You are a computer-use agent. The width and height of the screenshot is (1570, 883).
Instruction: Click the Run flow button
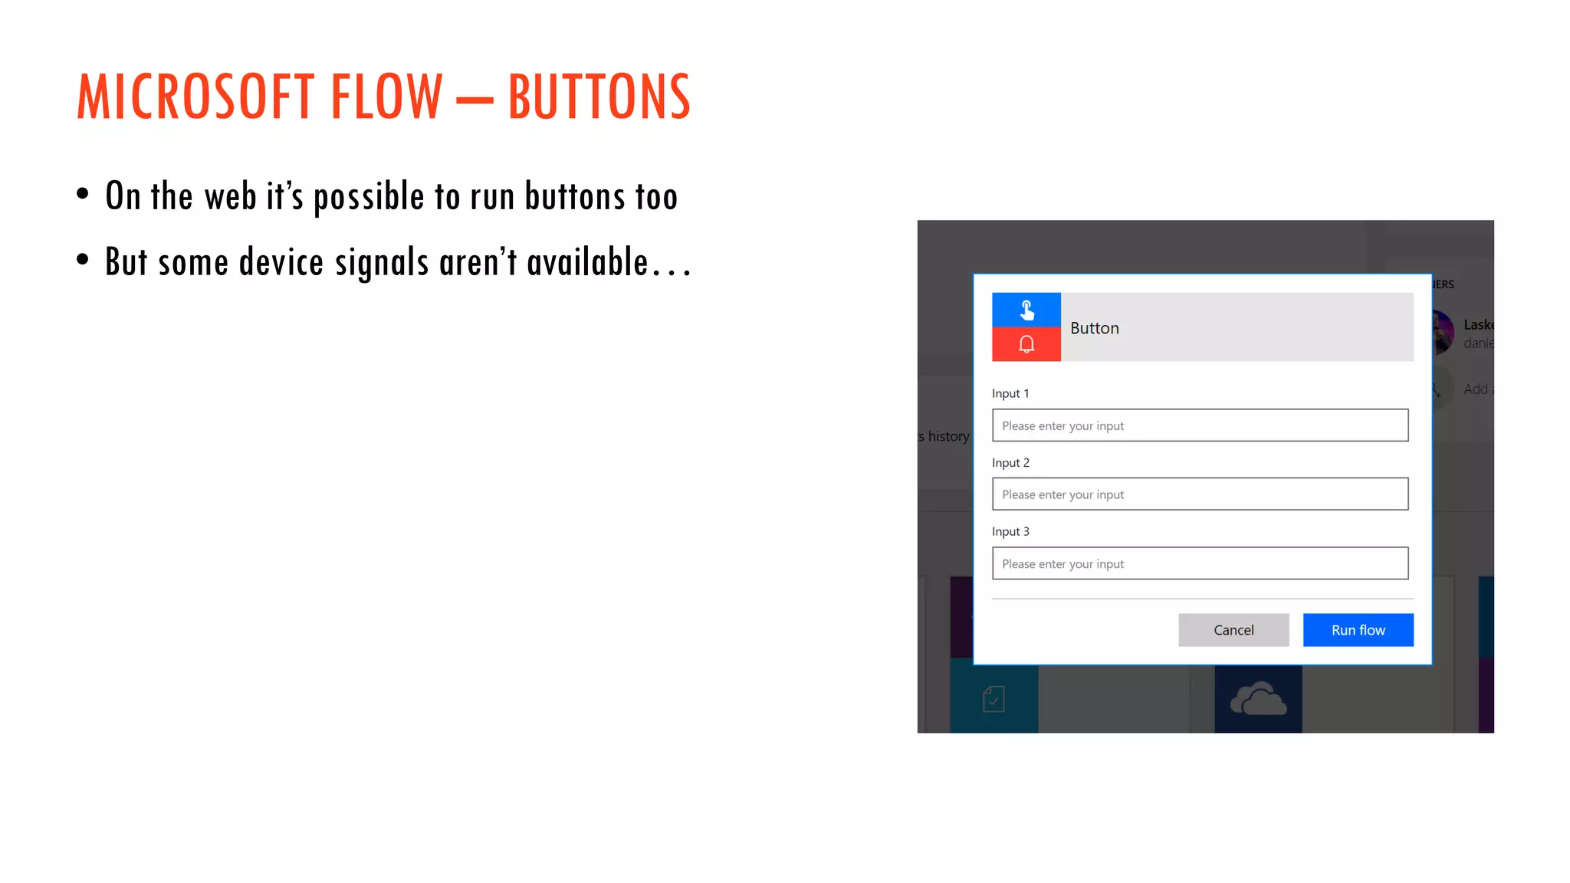coord(1358,630)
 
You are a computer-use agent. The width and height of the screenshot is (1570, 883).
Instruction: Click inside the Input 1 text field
coord(1200,425)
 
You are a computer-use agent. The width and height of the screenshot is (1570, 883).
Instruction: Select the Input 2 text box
coord(1200,494)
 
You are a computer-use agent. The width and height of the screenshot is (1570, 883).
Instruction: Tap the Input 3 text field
coord(1200,563)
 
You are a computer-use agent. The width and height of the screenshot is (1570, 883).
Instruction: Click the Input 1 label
coord(1010,393)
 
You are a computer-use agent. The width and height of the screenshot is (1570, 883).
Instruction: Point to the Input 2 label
coord(1010,463)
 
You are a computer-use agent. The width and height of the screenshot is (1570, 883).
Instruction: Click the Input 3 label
coord(1010,532)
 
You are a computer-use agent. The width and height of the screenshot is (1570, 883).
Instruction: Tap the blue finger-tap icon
coord(1026,310)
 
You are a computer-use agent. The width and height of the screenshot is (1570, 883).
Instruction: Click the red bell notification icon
coord(1026,344)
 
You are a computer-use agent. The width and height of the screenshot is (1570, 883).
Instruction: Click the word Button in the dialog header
coord(1094,328)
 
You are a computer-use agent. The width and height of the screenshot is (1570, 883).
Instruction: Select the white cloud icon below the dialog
coord(1258,699)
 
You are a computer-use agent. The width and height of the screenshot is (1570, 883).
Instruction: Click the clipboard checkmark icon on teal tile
coord(994,699)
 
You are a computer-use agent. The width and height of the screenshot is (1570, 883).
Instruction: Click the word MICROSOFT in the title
coord(195,97)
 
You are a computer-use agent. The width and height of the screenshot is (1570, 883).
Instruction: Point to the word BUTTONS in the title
coord(599,97)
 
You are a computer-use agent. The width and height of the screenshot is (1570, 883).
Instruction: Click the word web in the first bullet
coord(230,196)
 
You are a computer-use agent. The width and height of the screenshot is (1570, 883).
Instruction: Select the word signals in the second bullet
coord(381,262)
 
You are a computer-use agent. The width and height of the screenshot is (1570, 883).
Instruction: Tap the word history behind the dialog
coord(948,436)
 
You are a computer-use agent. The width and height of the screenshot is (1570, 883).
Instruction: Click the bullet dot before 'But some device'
coord(83,260)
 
